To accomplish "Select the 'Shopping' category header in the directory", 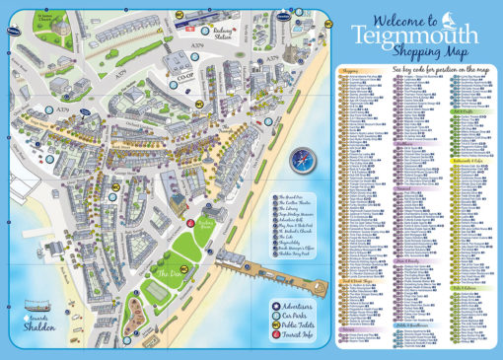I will point(350,71).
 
